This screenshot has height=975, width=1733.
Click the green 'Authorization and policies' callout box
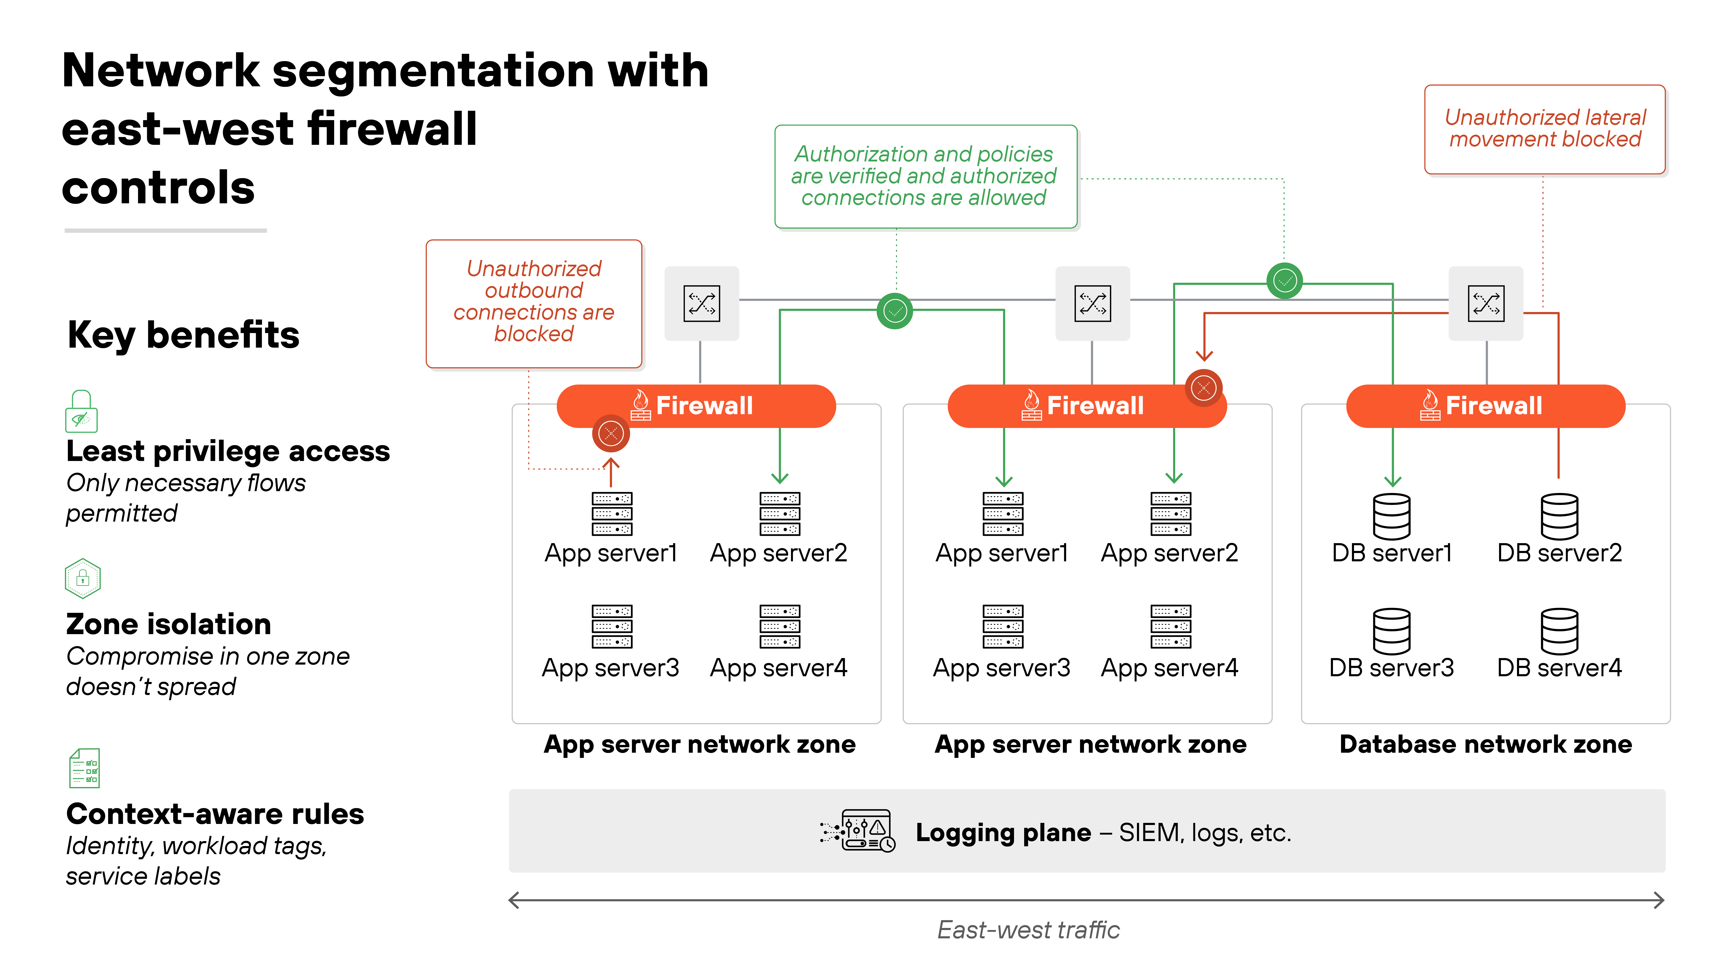[925, 176]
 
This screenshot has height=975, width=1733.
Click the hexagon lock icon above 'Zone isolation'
[83, 578]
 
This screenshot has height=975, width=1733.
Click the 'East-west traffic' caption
[1028, 930]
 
